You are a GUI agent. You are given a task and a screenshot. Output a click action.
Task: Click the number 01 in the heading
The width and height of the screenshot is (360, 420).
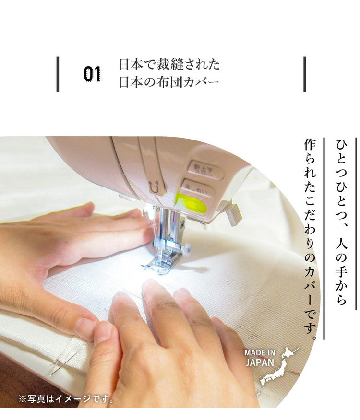pos(93,73)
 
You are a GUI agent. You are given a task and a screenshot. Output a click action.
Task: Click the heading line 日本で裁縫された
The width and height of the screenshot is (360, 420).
pos(169,64)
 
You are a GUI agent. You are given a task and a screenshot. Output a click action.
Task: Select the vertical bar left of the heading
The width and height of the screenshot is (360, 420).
pos(58,74)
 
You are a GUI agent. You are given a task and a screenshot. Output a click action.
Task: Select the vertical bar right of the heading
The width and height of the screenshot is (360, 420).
pos(304,74)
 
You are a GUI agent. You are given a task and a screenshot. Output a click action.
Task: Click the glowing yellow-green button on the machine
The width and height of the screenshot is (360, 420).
pos(191,204)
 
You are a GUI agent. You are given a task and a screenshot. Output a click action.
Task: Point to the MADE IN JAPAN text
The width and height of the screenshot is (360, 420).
pos(260,358)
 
